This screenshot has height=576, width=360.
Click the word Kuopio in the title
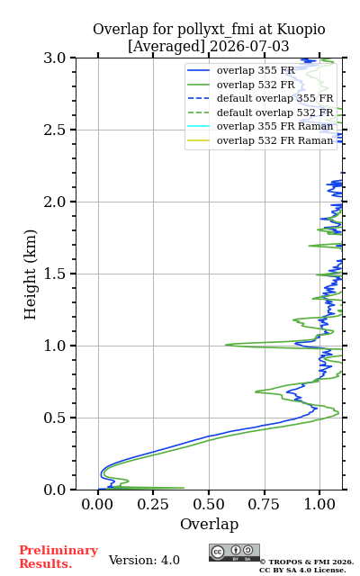[x=301, y=30]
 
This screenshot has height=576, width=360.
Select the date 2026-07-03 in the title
[x=249, y=46]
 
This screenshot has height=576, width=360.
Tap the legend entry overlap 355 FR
[x=256, y=70]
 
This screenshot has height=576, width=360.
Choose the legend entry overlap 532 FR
[x=256, y=85]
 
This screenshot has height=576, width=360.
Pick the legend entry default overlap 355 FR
[x=275, y=98]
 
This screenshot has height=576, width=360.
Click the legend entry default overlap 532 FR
[x=275, y=112]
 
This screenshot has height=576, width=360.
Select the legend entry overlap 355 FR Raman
[x=275, y=126]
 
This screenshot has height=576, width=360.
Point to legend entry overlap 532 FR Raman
[x=275, y=140]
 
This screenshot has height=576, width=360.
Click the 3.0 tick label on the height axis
[x=54, y=58]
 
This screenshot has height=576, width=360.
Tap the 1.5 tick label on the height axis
[x=54, y=274]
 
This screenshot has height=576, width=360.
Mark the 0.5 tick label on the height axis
[x=54, y=418]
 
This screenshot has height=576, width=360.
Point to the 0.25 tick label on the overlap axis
[x=153, y=504]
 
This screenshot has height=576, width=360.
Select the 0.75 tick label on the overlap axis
[x=264, y=504]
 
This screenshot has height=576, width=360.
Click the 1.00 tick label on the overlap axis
[x=319, y=504]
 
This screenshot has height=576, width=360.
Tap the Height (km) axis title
[x=30, y=274]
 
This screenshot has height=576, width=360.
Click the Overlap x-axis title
[x=210, y=524]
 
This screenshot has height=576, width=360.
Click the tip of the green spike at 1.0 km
[x=226, y=345]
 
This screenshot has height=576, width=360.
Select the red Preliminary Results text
[x=58, y=557]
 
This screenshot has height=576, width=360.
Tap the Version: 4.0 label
[x=144, y=560]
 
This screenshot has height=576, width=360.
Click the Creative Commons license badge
[x=234, y=553]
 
